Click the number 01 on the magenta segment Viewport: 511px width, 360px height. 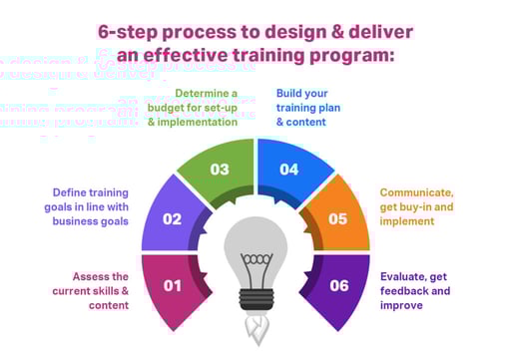click(x=172, y=286)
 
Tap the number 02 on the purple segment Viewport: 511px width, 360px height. click(x=172, y=218)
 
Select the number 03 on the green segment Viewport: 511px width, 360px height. click(x=220, y=170)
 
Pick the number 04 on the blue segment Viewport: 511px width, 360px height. click(x=288, y=170)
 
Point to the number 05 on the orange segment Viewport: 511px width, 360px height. click(x=337, y=218)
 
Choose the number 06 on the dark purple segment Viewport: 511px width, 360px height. click(x=339, y=286)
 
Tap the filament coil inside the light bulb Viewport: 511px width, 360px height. click(x=255, y=261)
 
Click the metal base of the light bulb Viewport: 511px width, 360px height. click(x=255, y=300)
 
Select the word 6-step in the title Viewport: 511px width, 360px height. click(x=136, y=31)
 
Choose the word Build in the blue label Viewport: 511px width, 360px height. click(x=291, y=93)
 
